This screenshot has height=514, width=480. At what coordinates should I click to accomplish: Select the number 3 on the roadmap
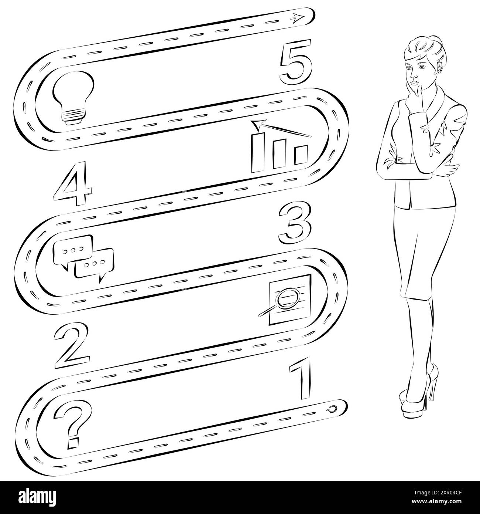[295, 225]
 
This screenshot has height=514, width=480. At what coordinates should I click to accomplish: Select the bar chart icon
[280, 150]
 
